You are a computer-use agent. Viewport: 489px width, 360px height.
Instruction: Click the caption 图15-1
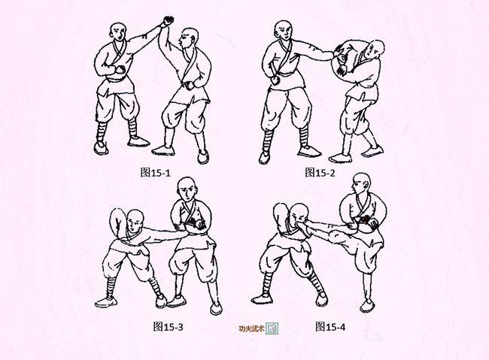point(155,172)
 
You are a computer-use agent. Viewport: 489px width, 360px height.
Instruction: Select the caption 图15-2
point(320,172)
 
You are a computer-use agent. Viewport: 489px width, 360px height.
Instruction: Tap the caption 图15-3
point(168,327)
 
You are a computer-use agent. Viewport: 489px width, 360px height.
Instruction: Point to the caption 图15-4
point(330,327)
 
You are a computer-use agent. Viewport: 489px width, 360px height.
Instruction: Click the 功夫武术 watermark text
point(251,328)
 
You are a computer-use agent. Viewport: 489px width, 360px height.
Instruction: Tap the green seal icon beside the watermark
point(272,328)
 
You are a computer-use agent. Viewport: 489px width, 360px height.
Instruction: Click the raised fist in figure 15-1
point(168,21)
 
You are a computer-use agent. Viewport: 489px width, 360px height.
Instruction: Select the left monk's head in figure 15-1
point(118,32)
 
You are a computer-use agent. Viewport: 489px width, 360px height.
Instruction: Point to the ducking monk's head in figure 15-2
point(374,50)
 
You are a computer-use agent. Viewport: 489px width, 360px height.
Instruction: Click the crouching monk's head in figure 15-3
point(135,221)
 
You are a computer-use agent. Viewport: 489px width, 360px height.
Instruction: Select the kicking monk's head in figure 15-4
point(361,183)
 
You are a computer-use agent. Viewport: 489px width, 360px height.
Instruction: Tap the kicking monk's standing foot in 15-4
point(367,306)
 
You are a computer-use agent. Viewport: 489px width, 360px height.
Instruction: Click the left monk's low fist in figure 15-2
point(275,80)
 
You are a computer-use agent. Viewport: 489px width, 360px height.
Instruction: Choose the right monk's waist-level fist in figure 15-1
point(190,85)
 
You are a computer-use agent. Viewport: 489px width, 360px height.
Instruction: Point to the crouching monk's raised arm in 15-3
point(118,223)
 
